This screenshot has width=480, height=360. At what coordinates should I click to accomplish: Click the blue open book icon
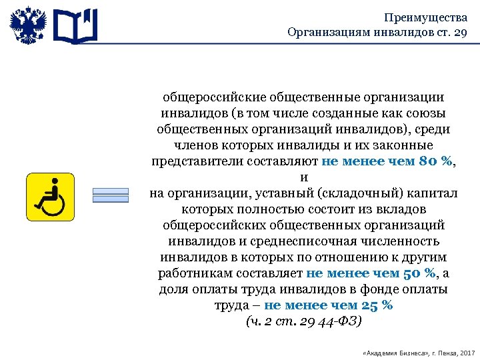[x=75, y=25]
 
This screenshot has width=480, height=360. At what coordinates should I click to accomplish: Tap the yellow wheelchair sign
[x=51, y=197]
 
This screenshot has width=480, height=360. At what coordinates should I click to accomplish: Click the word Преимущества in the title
[x=426, y=18]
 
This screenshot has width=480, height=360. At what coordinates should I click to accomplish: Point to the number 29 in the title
[x=459, y=33]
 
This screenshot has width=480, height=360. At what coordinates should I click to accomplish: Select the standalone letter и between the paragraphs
[x=304, y=177]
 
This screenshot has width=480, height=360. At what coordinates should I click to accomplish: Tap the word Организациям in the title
[x=322, y=33]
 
